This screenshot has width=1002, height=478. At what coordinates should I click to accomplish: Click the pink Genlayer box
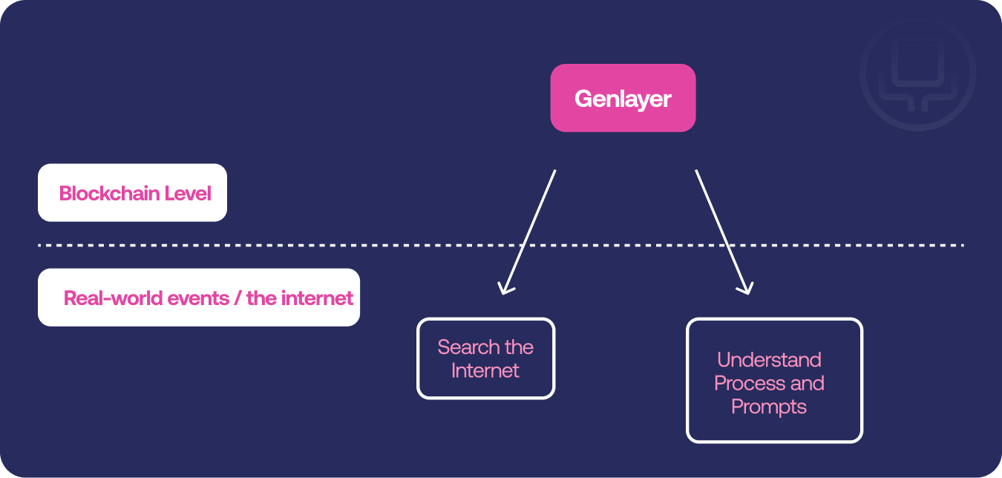point(623,98)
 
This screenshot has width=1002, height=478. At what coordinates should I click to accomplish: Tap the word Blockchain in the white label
point(109,193)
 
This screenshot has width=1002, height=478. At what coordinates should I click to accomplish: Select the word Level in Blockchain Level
point(188,193)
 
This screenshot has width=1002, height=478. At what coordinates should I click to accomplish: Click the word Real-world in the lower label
point(113,298)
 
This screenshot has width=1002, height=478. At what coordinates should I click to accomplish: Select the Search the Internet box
point(486,358)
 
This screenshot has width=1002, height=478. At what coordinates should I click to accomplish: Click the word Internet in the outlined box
point(485,370)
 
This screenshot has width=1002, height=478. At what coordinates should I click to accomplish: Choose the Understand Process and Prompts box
point(774,380)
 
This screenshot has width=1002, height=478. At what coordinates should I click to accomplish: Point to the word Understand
point(769,359)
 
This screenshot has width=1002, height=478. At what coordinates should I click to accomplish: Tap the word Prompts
point(769,407)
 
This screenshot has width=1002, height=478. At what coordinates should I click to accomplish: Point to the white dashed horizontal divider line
point(501,246)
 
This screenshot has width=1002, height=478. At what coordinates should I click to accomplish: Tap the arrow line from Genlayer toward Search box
point(529,232)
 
